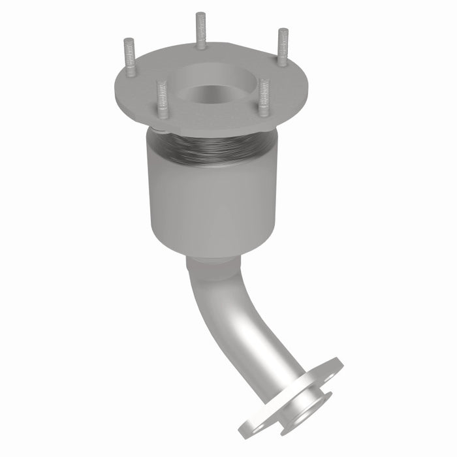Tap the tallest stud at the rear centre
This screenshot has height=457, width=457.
click(x=200, y=29)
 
